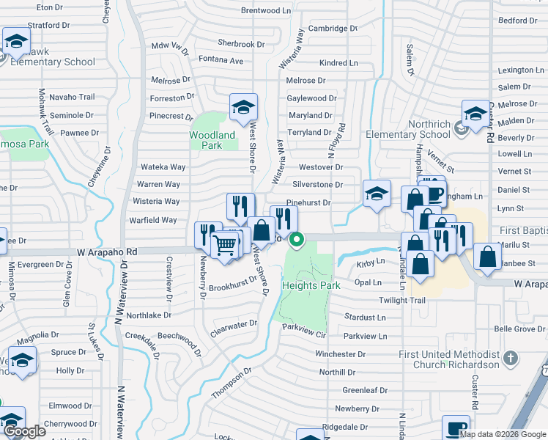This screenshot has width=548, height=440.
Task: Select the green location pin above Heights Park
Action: coord(297,239)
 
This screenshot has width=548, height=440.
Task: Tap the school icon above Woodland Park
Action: coord(243,108)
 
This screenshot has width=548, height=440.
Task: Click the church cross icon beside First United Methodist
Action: coord(511,359)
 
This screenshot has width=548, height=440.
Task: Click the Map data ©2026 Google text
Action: coord(503,433)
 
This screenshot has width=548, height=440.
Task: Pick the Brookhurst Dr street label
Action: coord(233,285)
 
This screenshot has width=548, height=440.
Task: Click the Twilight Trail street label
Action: coord(401,301)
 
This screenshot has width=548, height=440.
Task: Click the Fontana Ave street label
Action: coord(221,60)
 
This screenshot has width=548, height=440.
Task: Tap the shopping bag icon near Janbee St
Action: coord(487,256)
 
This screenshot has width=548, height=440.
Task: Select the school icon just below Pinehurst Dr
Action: coord(377,194)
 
